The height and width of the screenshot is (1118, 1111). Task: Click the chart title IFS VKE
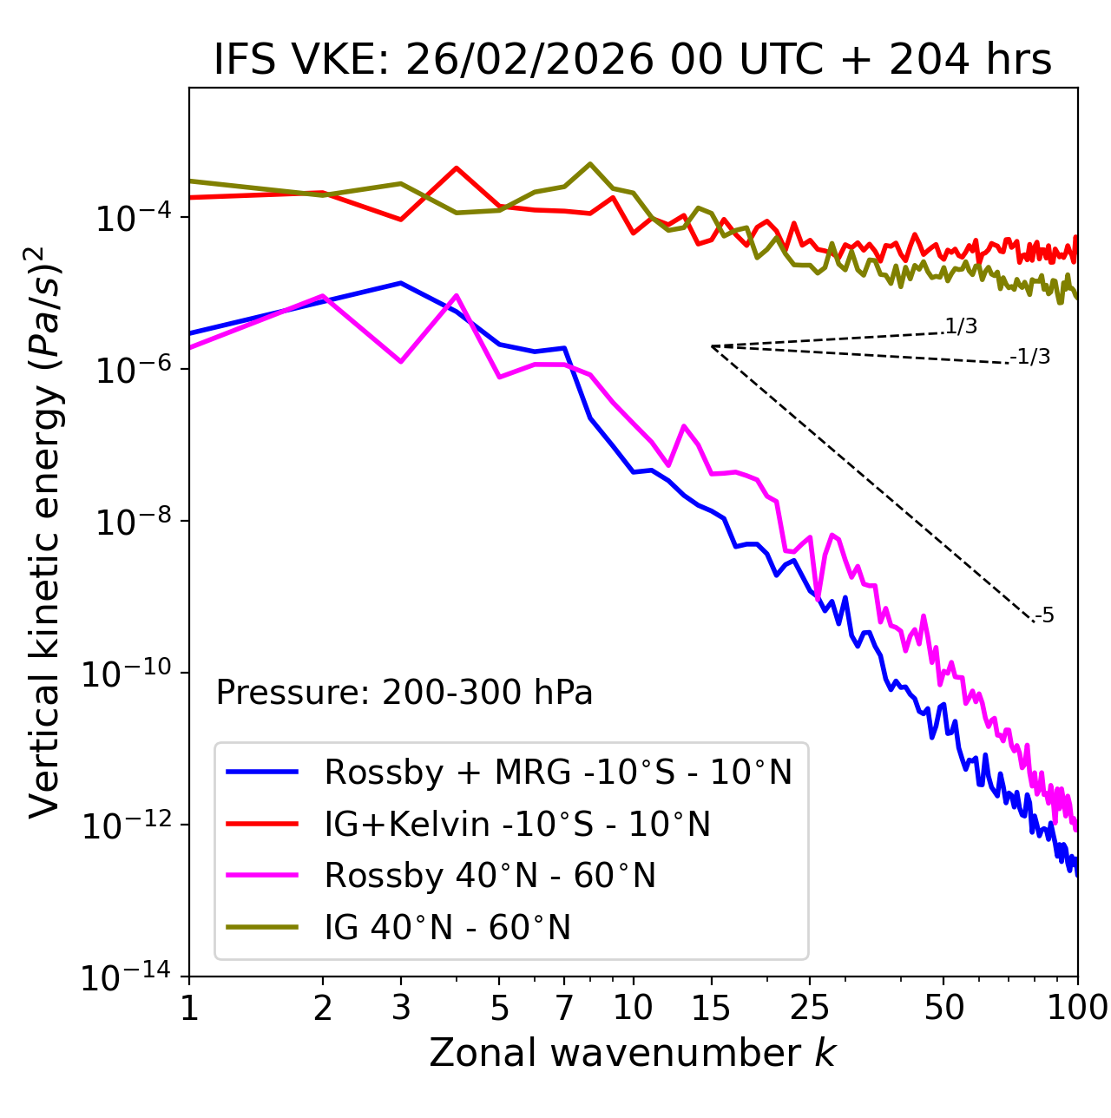coord(632,61)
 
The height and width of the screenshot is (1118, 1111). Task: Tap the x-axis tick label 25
coord(810,1007)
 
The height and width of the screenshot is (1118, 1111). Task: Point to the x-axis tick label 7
coord(564,1007)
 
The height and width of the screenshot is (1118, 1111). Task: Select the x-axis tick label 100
coord(1078,1007)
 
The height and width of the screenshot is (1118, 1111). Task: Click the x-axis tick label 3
coord(400,1007)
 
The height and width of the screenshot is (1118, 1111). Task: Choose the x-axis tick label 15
coord(711,1007)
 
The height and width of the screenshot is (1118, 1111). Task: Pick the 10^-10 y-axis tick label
coord(127,674)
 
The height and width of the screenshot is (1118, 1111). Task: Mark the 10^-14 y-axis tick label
coord(127,978)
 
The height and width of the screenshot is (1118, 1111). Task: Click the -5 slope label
coord(1045,616)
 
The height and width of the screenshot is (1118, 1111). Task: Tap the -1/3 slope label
coord(1031,357)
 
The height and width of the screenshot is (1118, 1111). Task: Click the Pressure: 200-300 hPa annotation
coord(404,693)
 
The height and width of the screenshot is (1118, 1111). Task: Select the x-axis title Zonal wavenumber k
coord(632,1053)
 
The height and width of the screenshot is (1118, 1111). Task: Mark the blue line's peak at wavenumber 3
coord(400,283)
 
